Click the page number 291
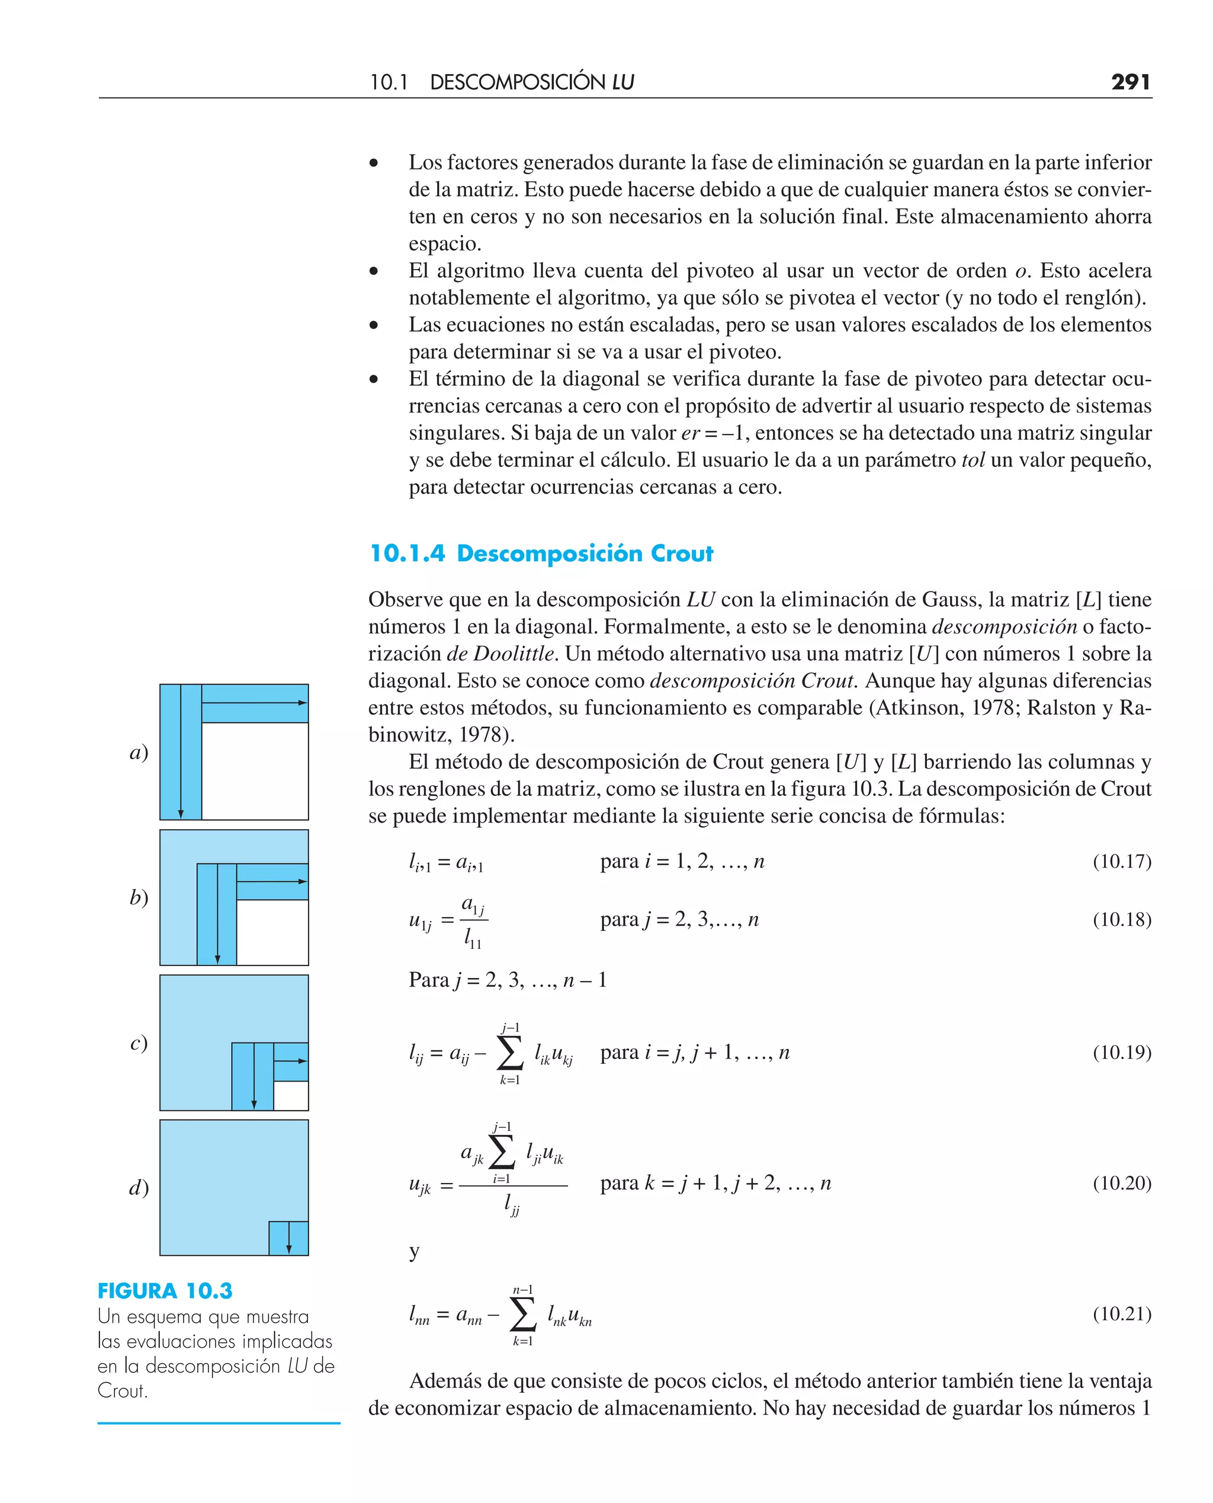tap(1130, 82)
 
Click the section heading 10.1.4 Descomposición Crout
tap(541, 554)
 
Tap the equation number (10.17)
tap(1121, 861)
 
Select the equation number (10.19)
tap(1121, 1052)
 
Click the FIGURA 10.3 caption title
tap(165, 1290)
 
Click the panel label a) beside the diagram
tap(139, 752)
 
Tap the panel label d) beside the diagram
tap(139, 1187)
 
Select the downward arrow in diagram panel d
tap(288, 1238)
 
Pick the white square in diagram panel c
tap(291, 1095)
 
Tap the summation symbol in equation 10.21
tap(522, 1315)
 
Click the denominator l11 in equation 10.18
tap(473, 938)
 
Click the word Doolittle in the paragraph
tap(514, 654)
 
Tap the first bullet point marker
tap(374, 163)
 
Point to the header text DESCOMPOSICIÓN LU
tap(532, 82)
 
